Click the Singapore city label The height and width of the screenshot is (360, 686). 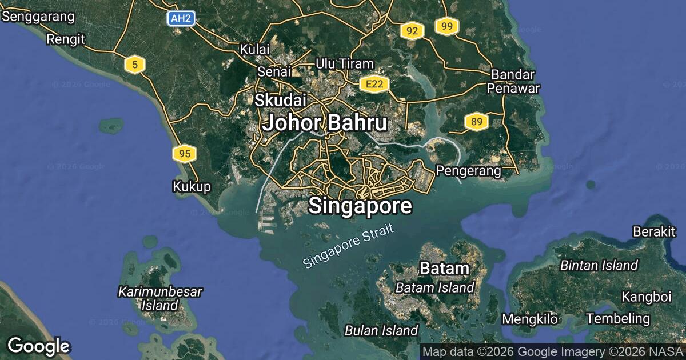point(360,206)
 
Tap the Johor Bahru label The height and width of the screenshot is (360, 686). point(324,123)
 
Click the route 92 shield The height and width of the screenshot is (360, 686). point(412,31)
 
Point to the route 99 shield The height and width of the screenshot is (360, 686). point(447,26)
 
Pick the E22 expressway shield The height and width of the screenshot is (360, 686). point(375,85)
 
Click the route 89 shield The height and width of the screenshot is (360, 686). point(476,121)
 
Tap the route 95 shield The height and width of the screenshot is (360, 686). point(184,153)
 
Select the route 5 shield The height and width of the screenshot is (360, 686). point(134,65)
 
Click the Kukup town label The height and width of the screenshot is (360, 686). point(192,186)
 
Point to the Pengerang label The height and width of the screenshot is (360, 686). point(468,170)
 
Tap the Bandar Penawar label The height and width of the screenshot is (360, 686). point(513,81)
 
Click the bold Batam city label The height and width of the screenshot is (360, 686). point(444,268)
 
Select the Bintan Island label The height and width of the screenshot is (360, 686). point(599,265)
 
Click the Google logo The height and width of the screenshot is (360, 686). point(38,346)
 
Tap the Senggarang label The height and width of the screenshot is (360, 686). point(38,17)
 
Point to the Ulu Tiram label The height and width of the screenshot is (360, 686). point(345,64)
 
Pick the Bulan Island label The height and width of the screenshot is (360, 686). point(381,330)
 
